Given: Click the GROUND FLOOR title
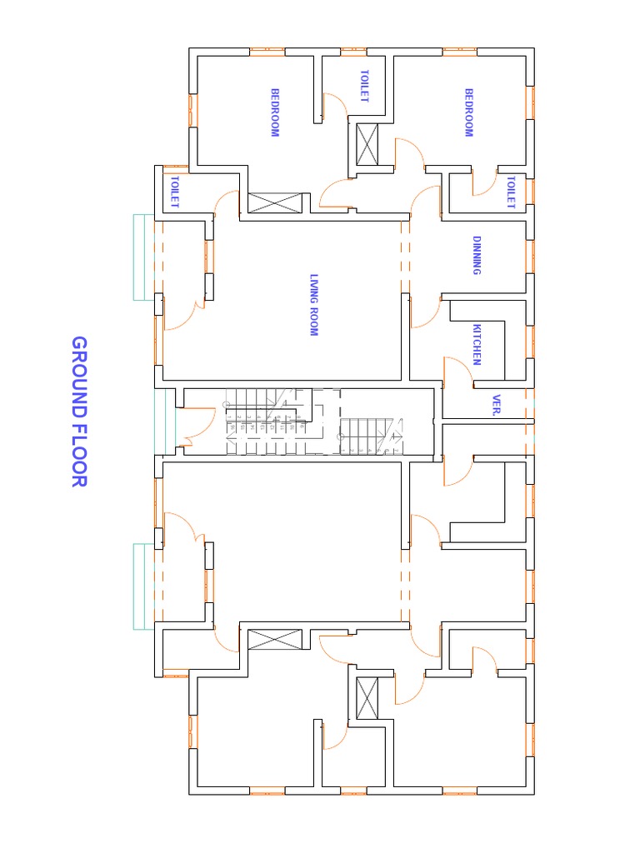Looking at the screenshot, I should point(79,412).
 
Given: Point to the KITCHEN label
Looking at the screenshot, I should point(477,344).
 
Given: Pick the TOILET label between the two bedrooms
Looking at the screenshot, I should point(363,86).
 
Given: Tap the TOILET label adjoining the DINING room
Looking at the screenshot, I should point(510,192).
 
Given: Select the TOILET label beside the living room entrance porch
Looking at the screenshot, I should point(175,192).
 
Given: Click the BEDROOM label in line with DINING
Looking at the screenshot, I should point(468,112).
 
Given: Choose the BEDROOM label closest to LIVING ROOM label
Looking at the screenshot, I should point(274,112).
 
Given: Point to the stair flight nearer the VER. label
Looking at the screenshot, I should point(373,436).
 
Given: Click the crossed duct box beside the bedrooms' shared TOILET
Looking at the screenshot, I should point(367,144).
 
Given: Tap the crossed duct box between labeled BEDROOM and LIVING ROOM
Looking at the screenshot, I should point(273,202).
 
